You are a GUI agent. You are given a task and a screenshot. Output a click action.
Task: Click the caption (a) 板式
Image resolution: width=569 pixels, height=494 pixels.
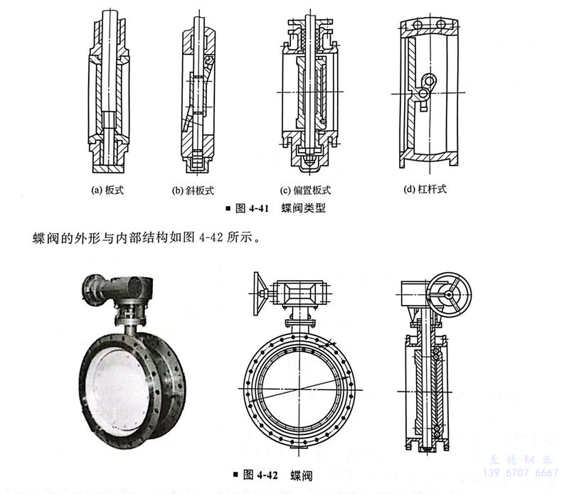[108, 190]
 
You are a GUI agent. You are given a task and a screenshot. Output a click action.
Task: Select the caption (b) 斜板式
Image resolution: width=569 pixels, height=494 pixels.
[193, 190]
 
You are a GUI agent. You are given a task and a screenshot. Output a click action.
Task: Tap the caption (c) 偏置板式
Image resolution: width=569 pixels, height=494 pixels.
[305, 190]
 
